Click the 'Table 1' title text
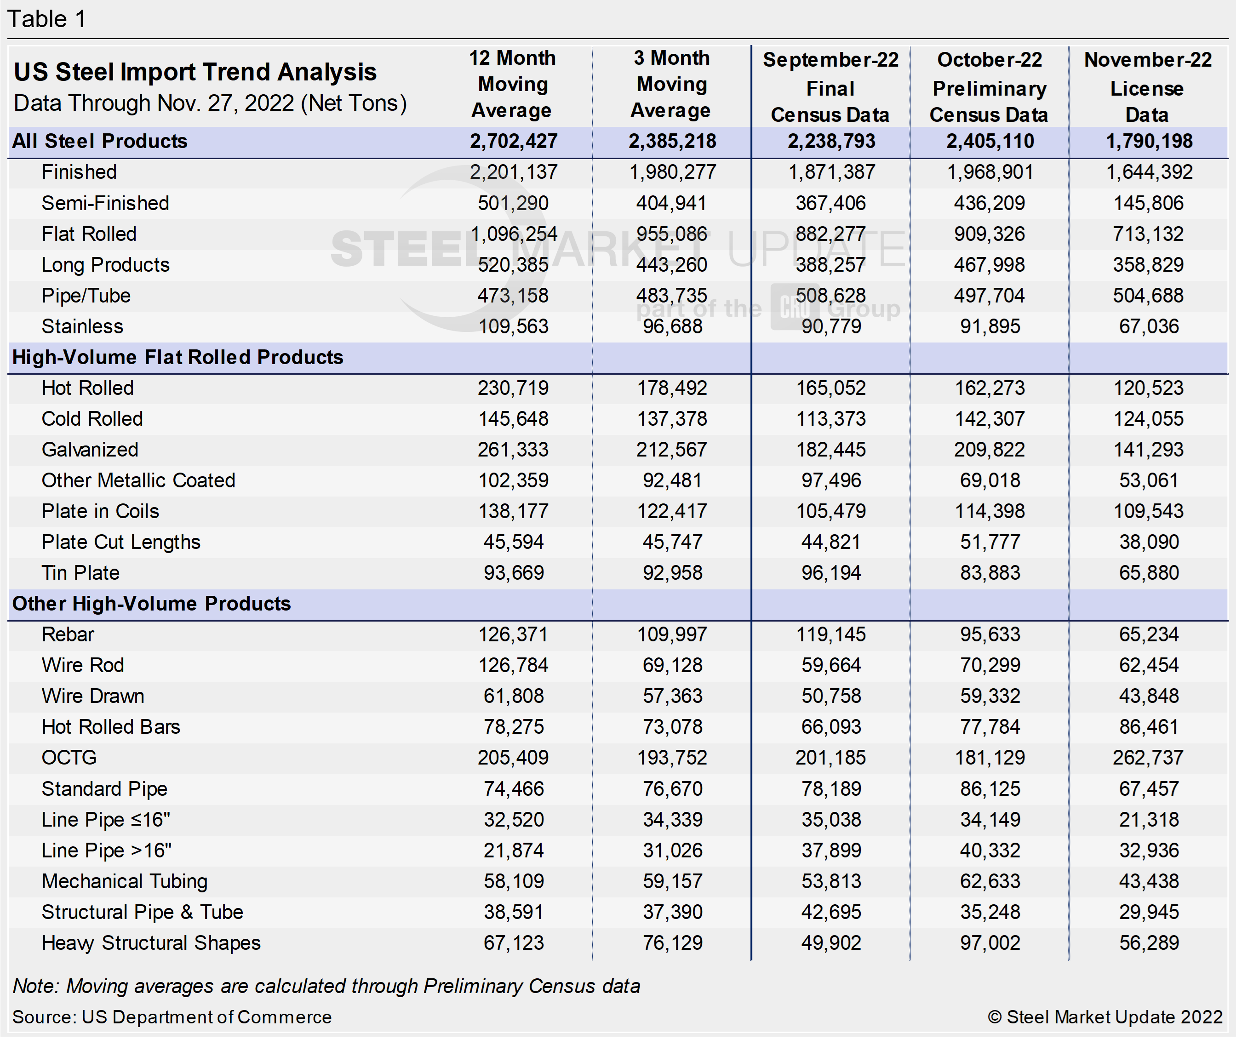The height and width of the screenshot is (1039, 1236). pyautogui.click(x=46, y=19)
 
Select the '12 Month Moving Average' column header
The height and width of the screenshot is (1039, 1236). pyautogui.click(x=513, y=84)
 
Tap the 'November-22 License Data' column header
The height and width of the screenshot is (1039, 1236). pyautogui.click(x=1148, y=87)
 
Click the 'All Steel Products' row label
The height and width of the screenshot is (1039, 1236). pyautogui.click(x=100, y=141)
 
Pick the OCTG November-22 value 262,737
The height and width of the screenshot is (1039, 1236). pyautogui.click(x=1148, y=758)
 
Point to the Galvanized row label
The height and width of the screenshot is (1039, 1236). pyautogui.click(x=90, y=450)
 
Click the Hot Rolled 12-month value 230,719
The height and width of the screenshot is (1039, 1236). pyautogui.click(x=513, y=388)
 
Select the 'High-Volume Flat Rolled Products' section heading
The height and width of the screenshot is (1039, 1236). pyautogui.click(x=177, y=358)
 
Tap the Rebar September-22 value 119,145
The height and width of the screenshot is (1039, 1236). pyautogui.click(x=831, y=634)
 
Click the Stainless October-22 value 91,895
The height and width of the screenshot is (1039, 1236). pyautogui.click(x=990, y=326)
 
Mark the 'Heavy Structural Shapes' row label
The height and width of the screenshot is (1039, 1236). pyautogui.click(x=151, y=943)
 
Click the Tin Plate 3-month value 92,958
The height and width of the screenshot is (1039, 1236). pyautogui.click(x=672, y=573)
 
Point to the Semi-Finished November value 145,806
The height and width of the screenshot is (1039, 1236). pyautogui.click(x=1148, y=203)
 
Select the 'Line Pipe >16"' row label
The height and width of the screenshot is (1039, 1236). pyautogui.click(x=106, y=851)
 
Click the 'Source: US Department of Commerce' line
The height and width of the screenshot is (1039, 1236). pyautogui.click(x=172, y=1017)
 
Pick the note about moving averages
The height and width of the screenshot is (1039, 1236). pyautogui.click(x=326, y=986)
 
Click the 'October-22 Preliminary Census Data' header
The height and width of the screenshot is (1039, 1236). pyautogui.click(x=989, y=87)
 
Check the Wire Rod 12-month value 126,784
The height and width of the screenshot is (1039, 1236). pyautogui.click(x=513, y=666)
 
